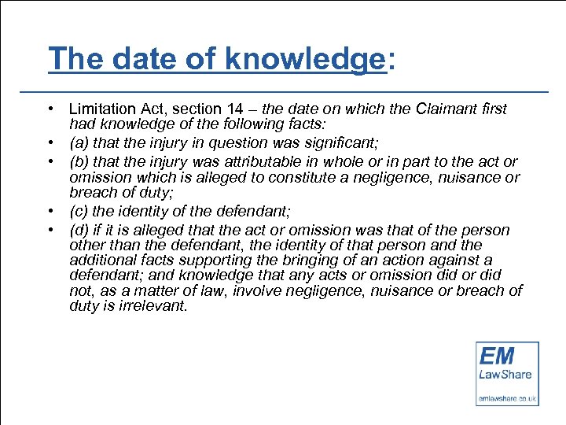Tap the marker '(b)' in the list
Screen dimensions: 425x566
[78, 162]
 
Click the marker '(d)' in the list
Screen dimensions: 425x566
[78, 230]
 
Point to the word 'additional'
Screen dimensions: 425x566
[101, 261]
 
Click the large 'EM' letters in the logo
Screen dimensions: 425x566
[497, 356]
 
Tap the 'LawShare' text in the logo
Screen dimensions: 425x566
[507, 375]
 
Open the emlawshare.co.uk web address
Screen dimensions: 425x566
[507, 400]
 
